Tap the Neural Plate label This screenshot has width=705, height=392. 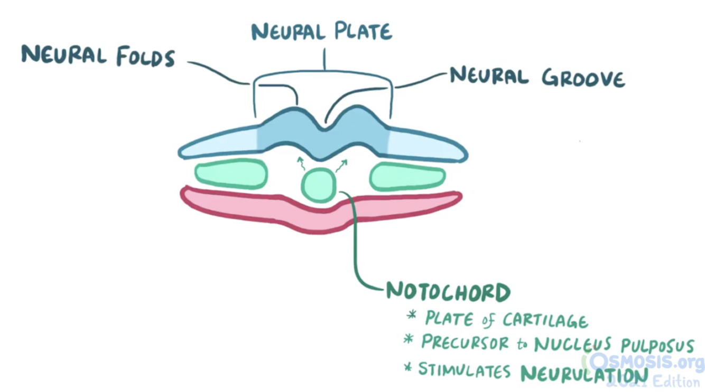(x=321, y=32)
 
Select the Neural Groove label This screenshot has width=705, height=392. (x=537, y=78)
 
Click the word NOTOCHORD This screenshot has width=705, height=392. (x=448, y=292)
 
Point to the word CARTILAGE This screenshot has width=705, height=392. (x=545, y=320)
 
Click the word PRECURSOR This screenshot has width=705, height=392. (x=466, y=342)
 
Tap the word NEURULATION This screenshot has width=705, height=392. (x=583, y=374)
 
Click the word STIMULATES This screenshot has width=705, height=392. (x=465, y=369)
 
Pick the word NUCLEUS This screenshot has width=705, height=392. (x=572, y=345)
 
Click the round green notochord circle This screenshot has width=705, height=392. (x=318, y=185)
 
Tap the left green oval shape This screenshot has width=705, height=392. (x=231, y=174)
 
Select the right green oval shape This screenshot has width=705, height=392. (x=407, y=177)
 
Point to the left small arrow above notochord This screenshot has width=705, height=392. (x=301, y=162)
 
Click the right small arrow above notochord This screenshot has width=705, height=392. (x=341, y=165)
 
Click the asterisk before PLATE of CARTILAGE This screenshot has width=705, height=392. (x=412, y=315)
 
